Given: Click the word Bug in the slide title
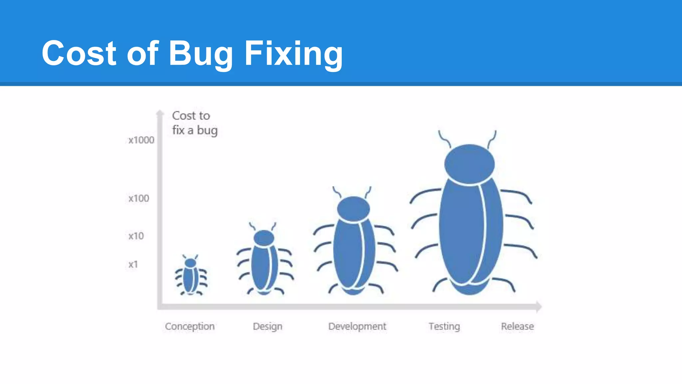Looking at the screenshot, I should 200,53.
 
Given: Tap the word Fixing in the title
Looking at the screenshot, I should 293,53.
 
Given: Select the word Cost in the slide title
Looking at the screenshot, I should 79,53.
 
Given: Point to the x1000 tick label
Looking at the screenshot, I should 141,140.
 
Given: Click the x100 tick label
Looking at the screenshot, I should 139,198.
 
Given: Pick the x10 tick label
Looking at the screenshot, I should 136,236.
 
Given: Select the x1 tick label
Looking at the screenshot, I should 133,264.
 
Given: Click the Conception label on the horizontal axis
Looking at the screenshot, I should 189,326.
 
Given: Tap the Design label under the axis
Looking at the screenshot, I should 267,326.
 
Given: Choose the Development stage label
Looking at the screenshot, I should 357,326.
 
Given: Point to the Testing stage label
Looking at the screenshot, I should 444,326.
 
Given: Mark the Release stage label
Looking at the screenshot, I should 517,326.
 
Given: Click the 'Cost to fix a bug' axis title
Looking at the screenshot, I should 194,123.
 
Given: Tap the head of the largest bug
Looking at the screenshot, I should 469,164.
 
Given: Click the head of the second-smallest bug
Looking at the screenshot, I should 264,238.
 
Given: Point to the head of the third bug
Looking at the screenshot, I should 353,209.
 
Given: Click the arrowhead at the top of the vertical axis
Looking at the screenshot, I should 160,113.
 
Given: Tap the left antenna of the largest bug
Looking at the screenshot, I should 444,139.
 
